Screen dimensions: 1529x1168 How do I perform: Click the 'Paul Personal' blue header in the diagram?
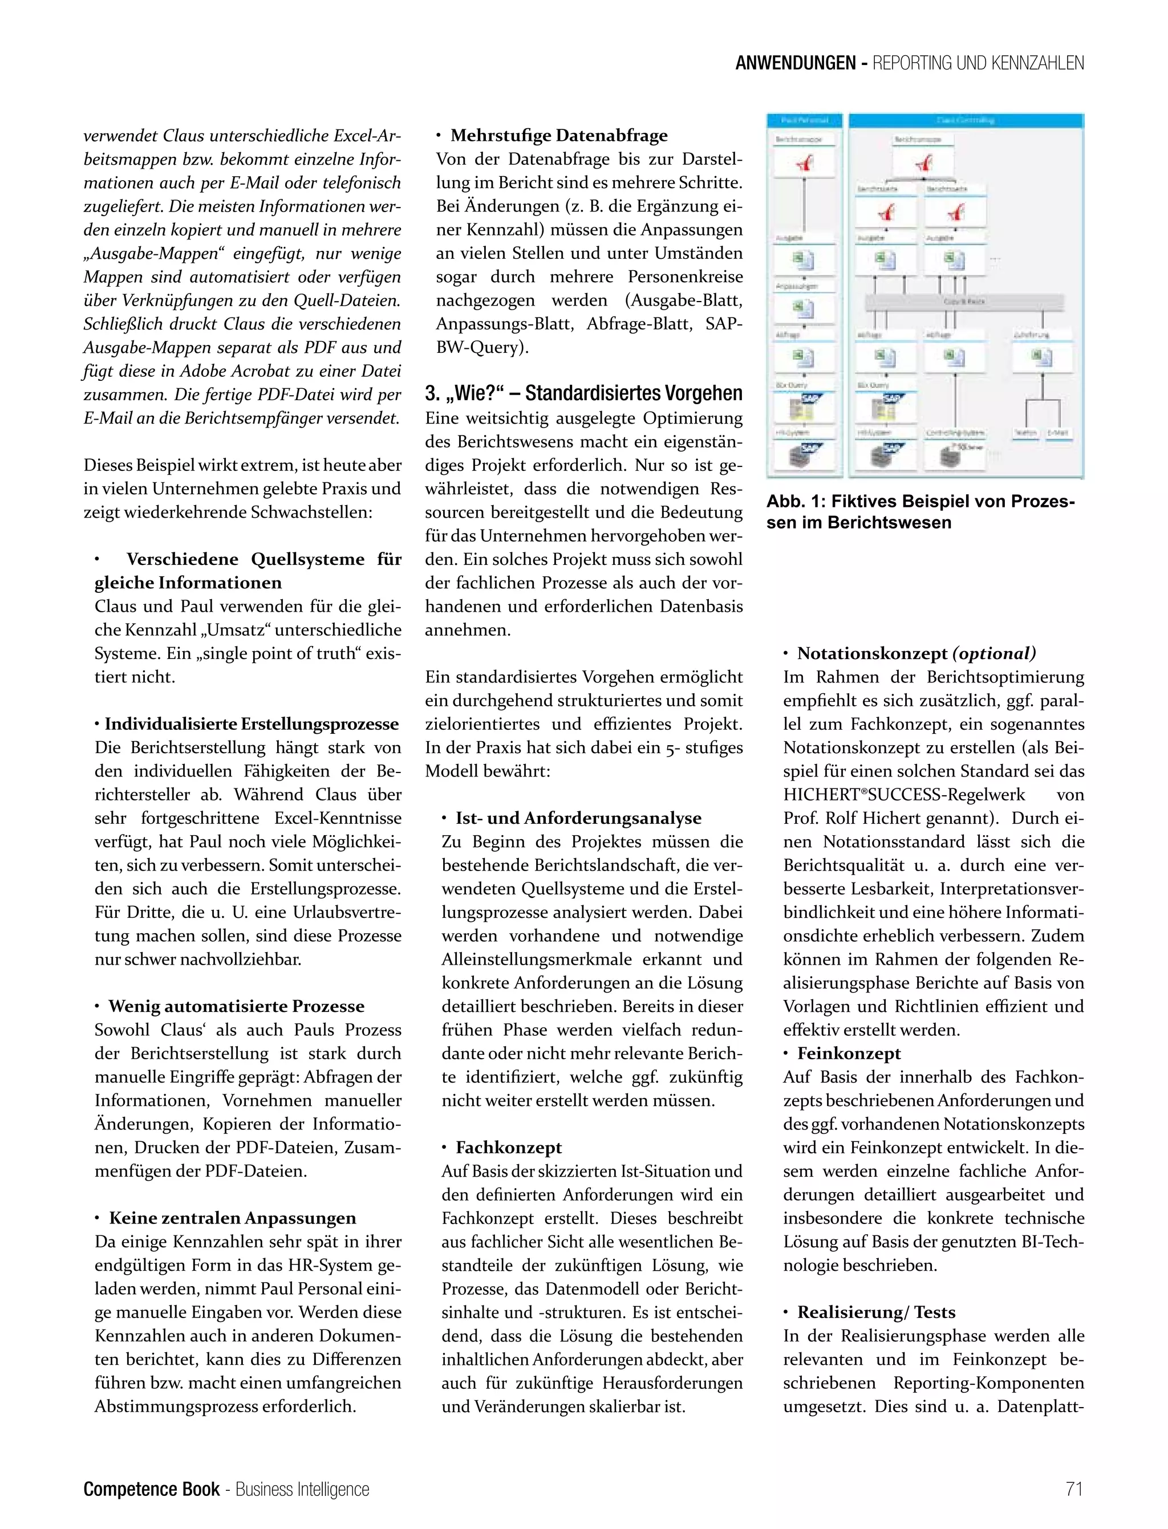804,120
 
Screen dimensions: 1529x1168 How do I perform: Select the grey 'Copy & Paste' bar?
964,302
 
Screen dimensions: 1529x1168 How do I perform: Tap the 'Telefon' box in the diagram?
1025,432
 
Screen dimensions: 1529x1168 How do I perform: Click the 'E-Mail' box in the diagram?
1057,432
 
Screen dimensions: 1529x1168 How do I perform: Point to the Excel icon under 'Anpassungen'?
804,308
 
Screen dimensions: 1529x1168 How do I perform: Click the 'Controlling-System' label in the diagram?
955,432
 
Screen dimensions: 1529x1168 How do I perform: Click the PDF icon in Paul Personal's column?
804,164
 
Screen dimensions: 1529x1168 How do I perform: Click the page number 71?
1074,1489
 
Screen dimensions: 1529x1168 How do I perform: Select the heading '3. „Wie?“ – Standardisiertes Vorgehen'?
583,393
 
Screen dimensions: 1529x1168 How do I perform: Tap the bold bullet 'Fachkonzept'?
508,1148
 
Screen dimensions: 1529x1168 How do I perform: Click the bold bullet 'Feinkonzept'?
848,1054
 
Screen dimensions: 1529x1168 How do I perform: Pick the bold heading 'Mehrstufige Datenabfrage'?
558,136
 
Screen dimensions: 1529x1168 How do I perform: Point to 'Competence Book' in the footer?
151,1489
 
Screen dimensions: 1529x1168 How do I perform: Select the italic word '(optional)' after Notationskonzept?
994,653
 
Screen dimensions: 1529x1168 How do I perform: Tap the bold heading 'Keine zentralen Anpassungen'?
232,1218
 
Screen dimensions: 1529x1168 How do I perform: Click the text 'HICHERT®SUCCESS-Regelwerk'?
904,794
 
